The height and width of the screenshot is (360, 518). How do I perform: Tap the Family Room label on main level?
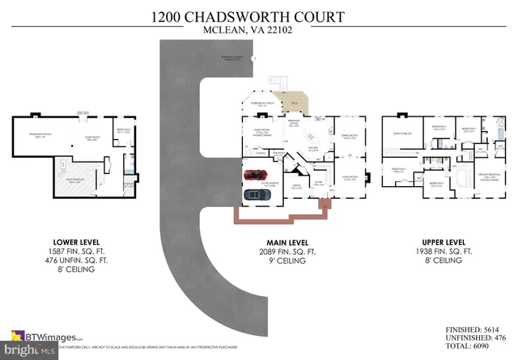click(x=261, y=134)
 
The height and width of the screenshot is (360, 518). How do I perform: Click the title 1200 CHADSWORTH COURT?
click(x=259, y=16)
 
